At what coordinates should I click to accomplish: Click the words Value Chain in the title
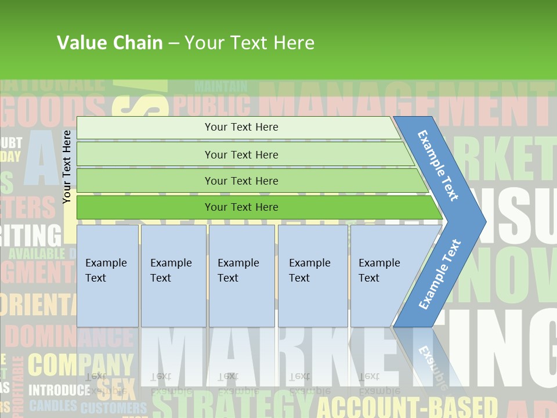pyautogui.click(x=110, y=42)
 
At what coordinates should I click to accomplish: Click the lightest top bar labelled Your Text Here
pyautogui.click(x=241, y=127)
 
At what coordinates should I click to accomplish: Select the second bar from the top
pyautogui.click(x=241, y=154)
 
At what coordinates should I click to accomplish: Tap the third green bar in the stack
pyautogui.click(x=241, y=181)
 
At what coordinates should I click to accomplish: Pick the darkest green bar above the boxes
pyautogui.click(x=241, y=207)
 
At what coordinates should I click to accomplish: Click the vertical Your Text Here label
pyautogui.click(x=67, y=167)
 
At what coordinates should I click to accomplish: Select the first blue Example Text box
pyautogui.click(x=107, y=276)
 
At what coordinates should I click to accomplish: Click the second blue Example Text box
pyautogui.click(x=173, y=276)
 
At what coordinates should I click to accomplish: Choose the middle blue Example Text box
pyautogui.click(x=241, y=276)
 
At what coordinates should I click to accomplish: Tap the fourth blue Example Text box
pyautogui.click(x=312, y=276)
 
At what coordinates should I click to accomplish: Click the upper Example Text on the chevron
pyautogui.click(x=439, y=165)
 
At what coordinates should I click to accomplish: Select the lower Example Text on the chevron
pyautogui.click(x=440, y=275)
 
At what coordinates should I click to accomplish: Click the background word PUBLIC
pyautogui.click(x=212, y=106)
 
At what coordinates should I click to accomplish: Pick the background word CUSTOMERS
pyautogui.click(x=114, y=408)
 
